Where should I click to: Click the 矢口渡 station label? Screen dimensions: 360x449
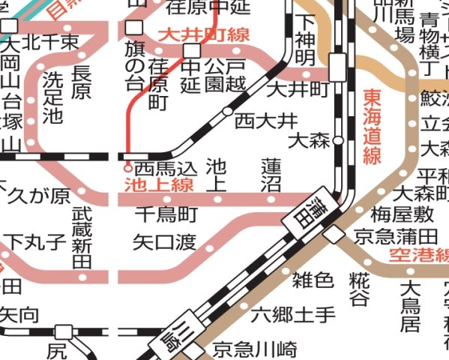click(165, 241)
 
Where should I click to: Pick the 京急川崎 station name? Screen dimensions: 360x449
click(255, 349)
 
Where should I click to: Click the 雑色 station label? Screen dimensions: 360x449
click(313, 280)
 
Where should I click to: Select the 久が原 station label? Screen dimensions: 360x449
click(37, 197)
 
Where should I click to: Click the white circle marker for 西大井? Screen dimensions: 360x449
click(226, 111)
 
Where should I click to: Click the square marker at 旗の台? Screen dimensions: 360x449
click(135, 28)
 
